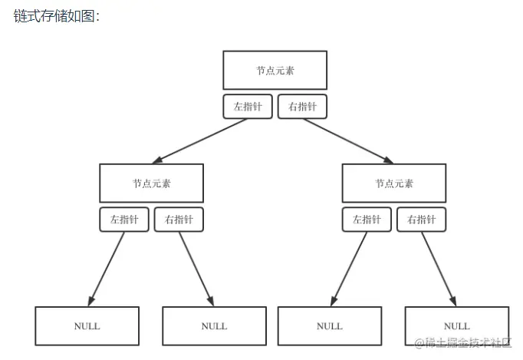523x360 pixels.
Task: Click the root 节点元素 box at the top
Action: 275,70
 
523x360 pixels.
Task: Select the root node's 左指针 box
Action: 248,107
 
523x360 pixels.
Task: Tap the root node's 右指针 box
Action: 302,107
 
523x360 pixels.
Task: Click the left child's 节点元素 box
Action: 151,183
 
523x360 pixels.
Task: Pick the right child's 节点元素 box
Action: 393,183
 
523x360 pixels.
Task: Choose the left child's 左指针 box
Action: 124,220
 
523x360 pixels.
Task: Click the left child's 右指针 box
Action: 179,220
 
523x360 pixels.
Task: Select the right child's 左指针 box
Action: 367,220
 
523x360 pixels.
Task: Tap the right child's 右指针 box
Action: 421,220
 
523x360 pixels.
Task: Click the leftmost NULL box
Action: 87,325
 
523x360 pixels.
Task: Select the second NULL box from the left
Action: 214,325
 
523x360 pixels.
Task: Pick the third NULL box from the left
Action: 329,325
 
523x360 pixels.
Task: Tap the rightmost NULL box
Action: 456,325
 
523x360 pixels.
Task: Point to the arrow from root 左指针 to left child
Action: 199,140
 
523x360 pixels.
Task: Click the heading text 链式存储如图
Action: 56,16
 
